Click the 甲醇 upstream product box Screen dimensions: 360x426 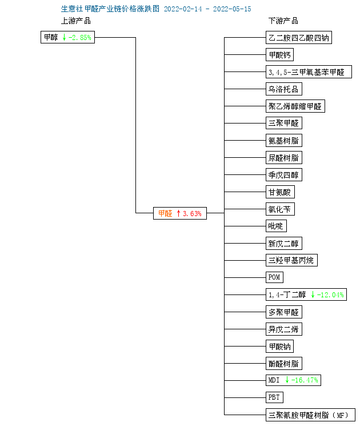click(67, 37)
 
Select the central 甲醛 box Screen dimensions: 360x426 click(180, 213)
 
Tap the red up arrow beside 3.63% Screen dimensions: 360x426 click(178, 213)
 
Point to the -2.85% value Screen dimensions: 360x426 click(80, 38)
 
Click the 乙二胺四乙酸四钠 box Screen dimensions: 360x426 click(299, 38)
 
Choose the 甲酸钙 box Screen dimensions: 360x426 click(279, 55)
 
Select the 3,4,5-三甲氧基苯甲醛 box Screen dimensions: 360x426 click(309, 71)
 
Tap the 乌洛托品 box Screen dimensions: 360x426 click(283, 89)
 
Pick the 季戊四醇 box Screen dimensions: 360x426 click(283, 175)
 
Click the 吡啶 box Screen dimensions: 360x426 click(276, 226)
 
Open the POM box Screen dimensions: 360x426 click(274, 277)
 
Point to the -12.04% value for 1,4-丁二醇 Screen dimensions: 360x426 click(330, 295)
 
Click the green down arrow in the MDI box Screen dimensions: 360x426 click(287, 380)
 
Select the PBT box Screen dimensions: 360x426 click(274, 397)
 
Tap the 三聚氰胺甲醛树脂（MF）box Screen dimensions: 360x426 click(310, 415)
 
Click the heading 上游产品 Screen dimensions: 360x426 click(76, 21)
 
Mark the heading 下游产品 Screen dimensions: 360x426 click(283, 21)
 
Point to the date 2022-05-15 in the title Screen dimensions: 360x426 click(232, 9)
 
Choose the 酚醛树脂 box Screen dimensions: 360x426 click(283, 364)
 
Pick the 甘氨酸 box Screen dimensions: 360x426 click(280, 192)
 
